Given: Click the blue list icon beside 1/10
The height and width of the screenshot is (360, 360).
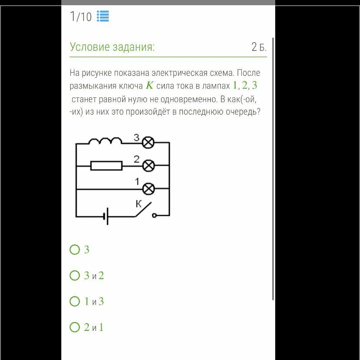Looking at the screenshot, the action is (x=103, y=16).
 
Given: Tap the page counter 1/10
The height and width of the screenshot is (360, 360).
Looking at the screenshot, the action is (x=80, y=17).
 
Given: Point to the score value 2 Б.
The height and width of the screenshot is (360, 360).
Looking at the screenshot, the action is (x=259, y=47).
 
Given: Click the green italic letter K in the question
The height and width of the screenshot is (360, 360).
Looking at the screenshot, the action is (x=150, y=85).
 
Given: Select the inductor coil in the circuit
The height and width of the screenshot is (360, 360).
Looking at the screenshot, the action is (x=105, y=140).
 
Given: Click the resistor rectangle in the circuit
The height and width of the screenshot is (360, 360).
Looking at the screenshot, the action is (x=106, y=166).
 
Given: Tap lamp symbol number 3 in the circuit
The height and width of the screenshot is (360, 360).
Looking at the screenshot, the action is (x=148, y=142).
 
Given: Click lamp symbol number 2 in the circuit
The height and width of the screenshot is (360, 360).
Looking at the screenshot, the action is (x=148, y=165).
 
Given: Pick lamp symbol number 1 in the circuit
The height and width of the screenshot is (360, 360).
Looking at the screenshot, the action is (x=149, y=189).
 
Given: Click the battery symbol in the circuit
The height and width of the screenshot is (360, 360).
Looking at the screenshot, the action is (x=106, y=216).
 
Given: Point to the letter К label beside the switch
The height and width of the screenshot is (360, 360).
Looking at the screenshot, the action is (x=138, y=203).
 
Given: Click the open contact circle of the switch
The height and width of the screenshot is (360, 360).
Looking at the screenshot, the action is (x=154, y=215).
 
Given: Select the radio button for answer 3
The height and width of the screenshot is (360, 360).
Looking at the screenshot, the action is (x=75, y=249).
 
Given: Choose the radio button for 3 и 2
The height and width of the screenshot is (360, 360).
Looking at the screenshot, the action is (x=75, y=275).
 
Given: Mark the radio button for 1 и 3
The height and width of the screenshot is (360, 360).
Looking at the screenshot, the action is (x=75, y=301).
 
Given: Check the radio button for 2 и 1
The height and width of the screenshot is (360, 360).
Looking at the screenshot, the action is (x=75, y=327).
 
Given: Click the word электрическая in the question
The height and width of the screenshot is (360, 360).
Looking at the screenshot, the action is (x=180, y=73).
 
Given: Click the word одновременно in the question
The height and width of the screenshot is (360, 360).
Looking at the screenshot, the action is (x=188, y=99).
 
